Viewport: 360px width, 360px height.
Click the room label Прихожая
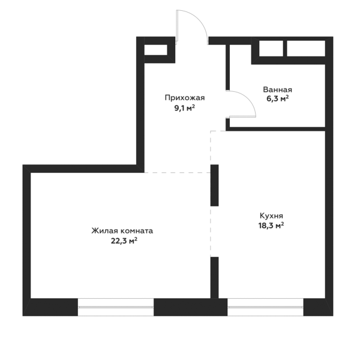[x=185, y=98]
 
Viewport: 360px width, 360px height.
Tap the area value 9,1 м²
[x=185, y=107]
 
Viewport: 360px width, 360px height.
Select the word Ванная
[x=278, y=89]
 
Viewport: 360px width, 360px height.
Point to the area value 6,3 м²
[x=277, y=99]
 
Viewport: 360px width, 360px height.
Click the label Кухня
[x=271, y=216]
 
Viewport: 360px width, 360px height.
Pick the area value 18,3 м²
[x=271, y=226]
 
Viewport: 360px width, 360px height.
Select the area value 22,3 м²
[x=124, y=241]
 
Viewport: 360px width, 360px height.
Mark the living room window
[x=116, y=307]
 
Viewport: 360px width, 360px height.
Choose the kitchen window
[x=265, y=307]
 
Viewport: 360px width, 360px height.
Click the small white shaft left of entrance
[x=155, y=50]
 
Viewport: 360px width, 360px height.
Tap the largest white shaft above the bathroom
[x=306, y=49]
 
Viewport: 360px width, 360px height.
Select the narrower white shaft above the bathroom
[x=271, y=49]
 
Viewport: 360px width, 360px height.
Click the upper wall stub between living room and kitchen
[x=214, y=185]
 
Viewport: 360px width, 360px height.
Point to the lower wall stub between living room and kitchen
[x=214, y=278]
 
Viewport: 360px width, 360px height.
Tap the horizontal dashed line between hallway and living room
[x=177, y=172]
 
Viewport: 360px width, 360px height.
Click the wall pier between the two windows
[x=190, y=307]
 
